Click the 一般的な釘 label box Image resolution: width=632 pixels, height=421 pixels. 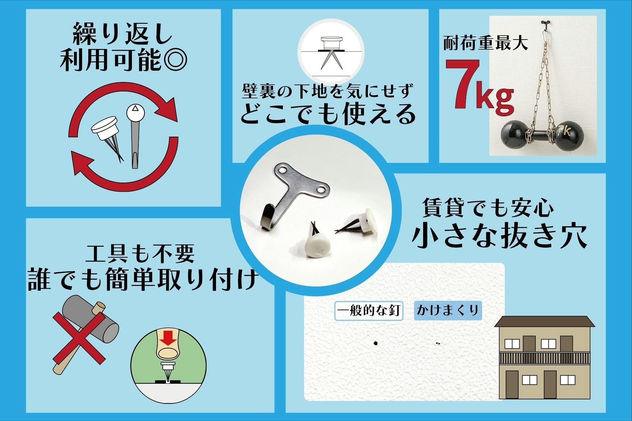point(368,311)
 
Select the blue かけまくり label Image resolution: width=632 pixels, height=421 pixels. point(447,311)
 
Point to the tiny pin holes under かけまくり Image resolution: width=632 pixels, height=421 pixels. point(438,344)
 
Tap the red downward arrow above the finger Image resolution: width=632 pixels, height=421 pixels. point(168,338)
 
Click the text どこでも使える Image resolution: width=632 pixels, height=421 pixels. point(328,114)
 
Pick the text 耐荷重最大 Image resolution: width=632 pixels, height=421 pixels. point(485,44)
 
